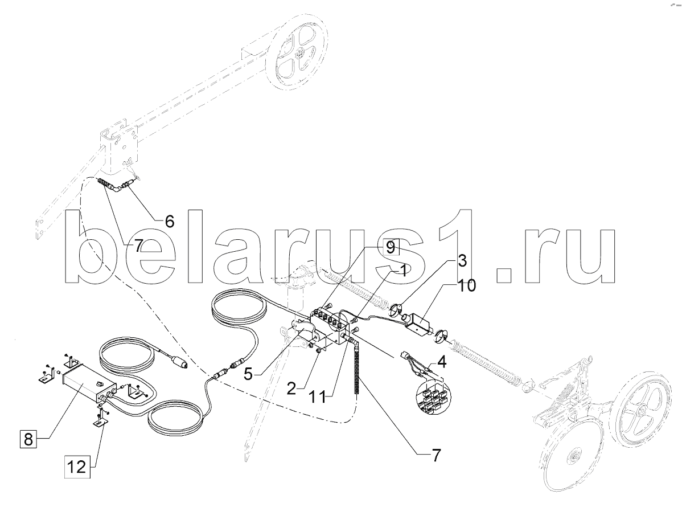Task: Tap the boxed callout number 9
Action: click(389, 247)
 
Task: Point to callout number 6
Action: click(170, 221)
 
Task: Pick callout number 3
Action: click(462, 261)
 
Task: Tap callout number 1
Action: click(402, 271)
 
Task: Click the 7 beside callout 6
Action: click(139, 246)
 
